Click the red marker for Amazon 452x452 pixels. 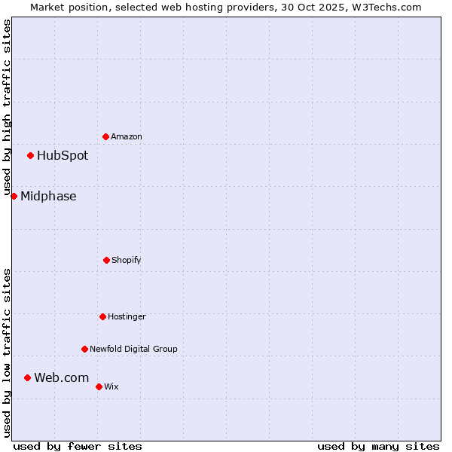tap(105, 136)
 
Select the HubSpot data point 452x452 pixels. tap(31, 156)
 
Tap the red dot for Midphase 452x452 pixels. tap(14, 197)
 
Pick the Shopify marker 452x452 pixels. tap(106, 260)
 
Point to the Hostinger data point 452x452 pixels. tap(102, 316)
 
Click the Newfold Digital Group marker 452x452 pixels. tap(84, 349)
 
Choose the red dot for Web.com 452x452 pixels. tap(27, 377)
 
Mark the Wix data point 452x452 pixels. tap(99, 386)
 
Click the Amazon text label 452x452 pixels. tap(127, 136)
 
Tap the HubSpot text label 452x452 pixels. tap(63, 156)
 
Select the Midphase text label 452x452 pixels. tap(48, 197)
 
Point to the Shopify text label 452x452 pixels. tap(127, 260)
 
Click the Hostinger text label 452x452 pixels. tap(127, 316)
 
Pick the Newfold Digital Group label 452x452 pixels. tap(133, 349)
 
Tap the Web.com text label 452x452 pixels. tap(61, 377)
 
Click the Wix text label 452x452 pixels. tap(111, 386)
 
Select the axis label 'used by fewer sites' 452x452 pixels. tap(78, 446)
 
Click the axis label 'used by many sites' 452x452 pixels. tap(378, 446)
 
